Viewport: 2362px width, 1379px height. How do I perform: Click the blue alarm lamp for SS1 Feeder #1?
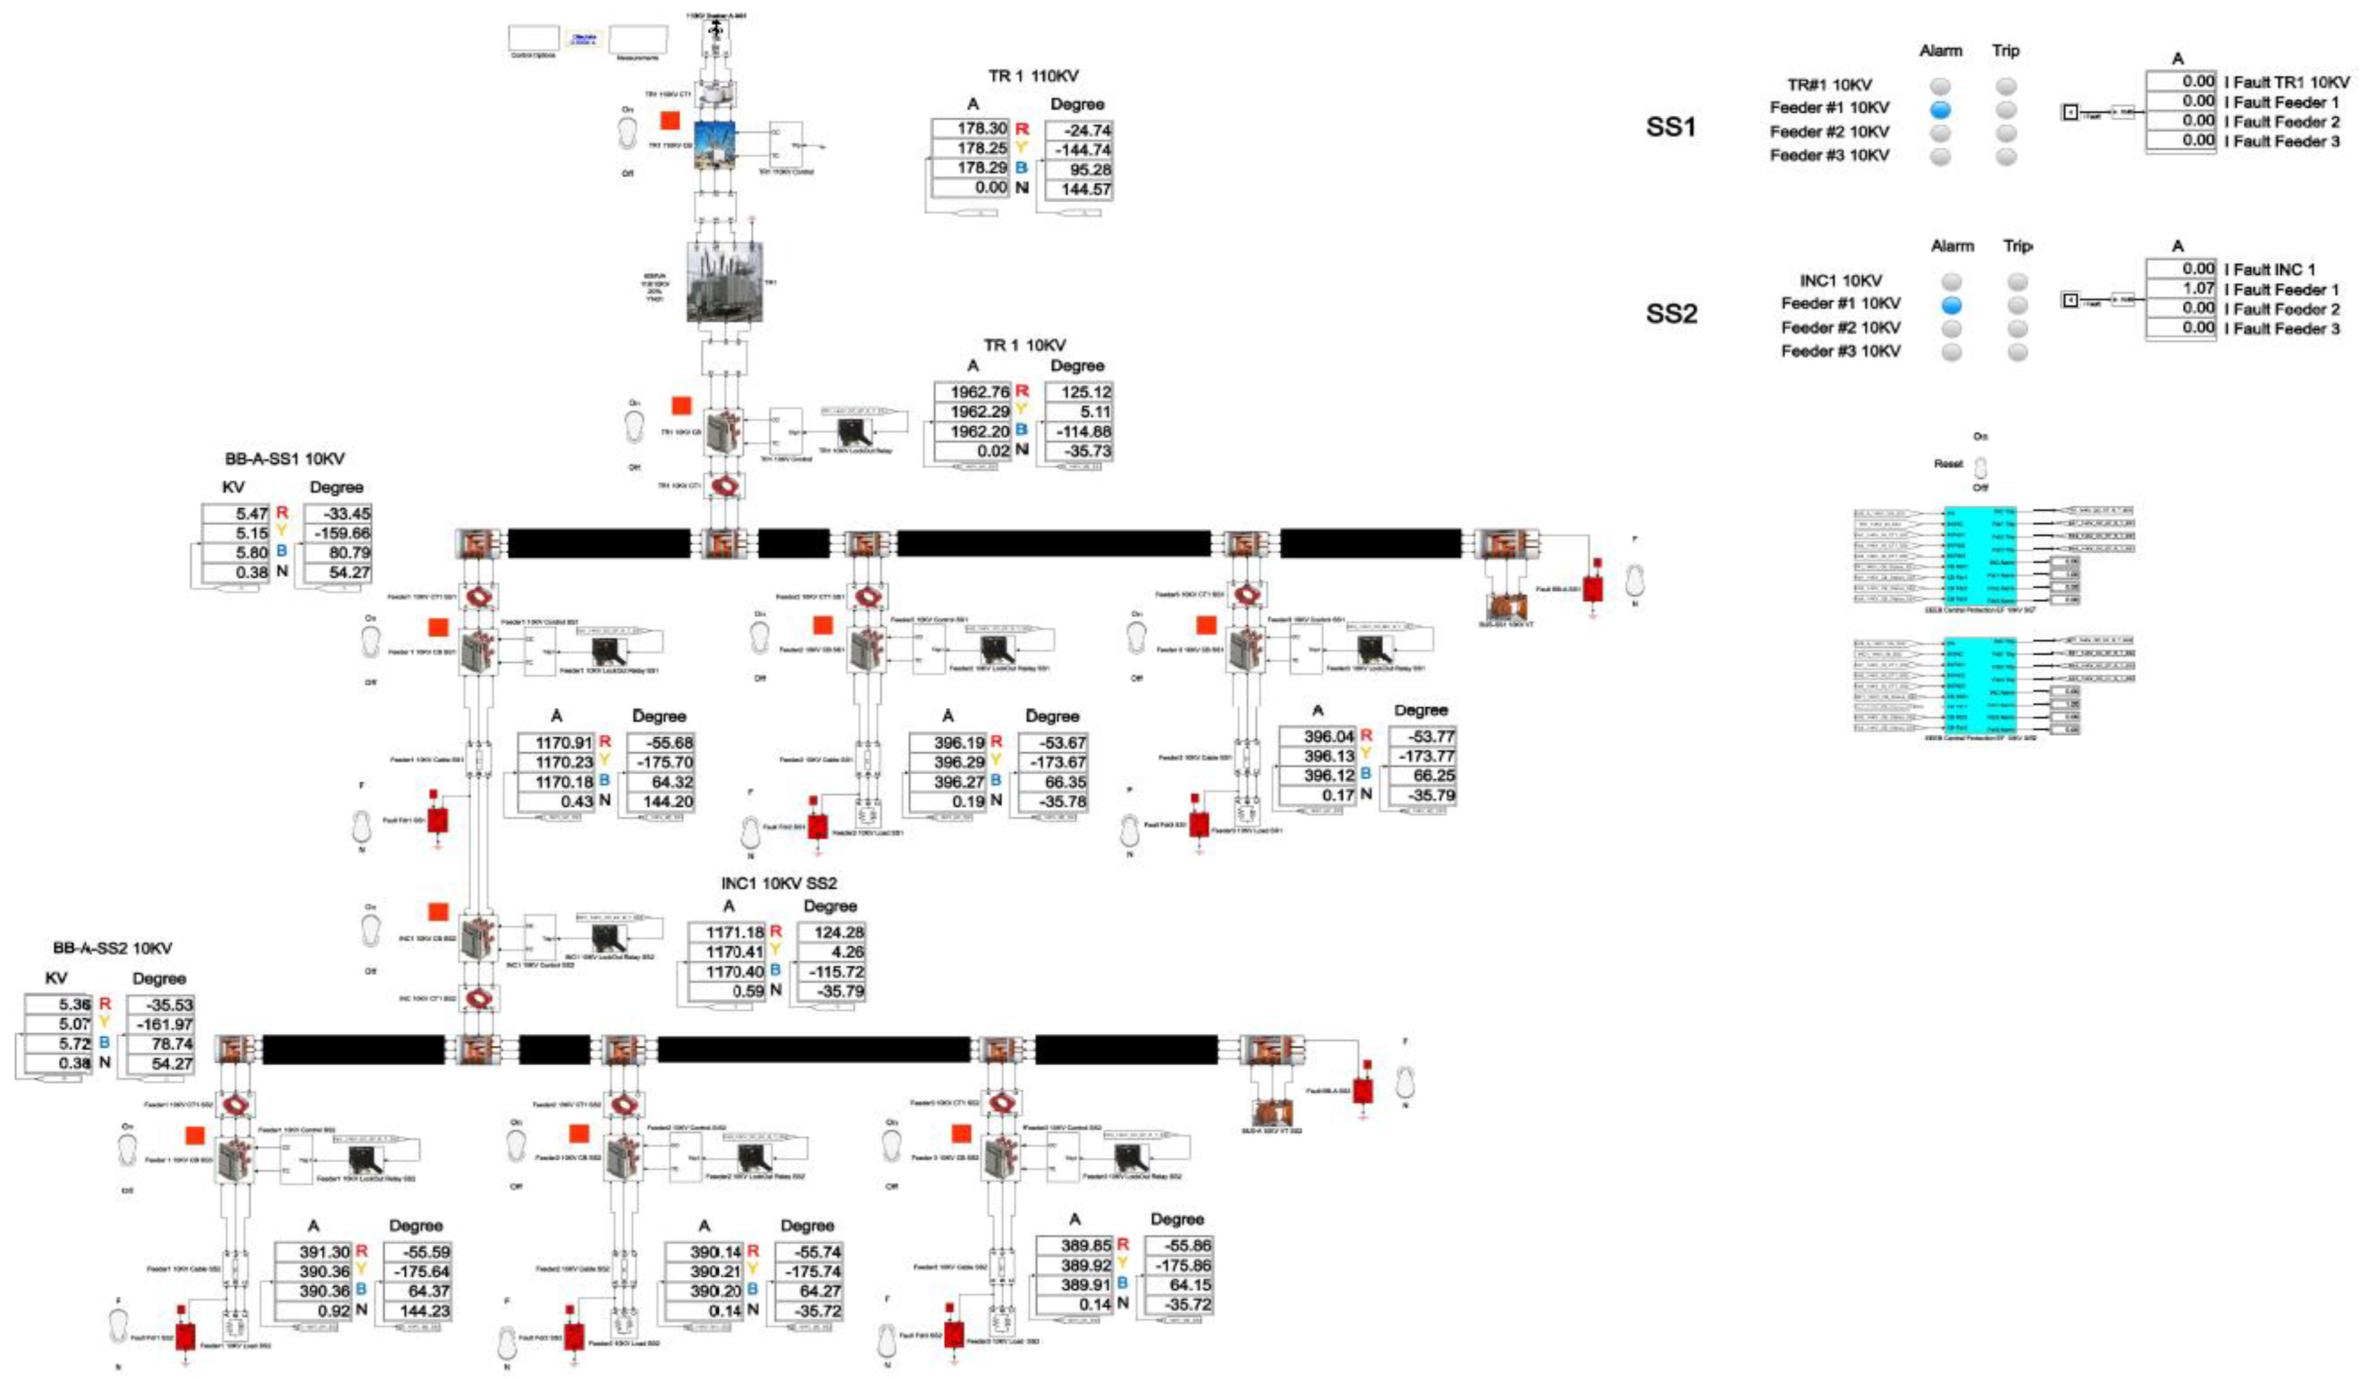(1939, 109)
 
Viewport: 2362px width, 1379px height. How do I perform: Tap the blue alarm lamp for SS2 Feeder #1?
(1951, 305)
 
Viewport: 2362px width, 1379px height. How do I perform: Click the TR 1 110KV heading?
(1033, 76)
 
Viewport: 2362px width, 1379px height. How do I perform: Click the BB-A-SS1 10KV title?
(284, 459)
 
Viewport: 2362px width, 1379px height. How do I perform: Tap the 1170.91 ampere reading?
(556, 742)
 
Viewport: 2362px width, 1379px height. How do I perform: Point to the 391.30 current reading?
(313, 1252)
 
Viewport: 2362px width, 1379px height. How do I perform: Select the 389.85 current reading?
(1074, 1245)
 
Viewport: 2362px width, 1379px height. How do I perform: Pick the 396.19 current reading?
(948, 742)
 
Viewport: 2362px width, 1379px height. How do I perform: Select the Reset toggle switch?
(1980, 466)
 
